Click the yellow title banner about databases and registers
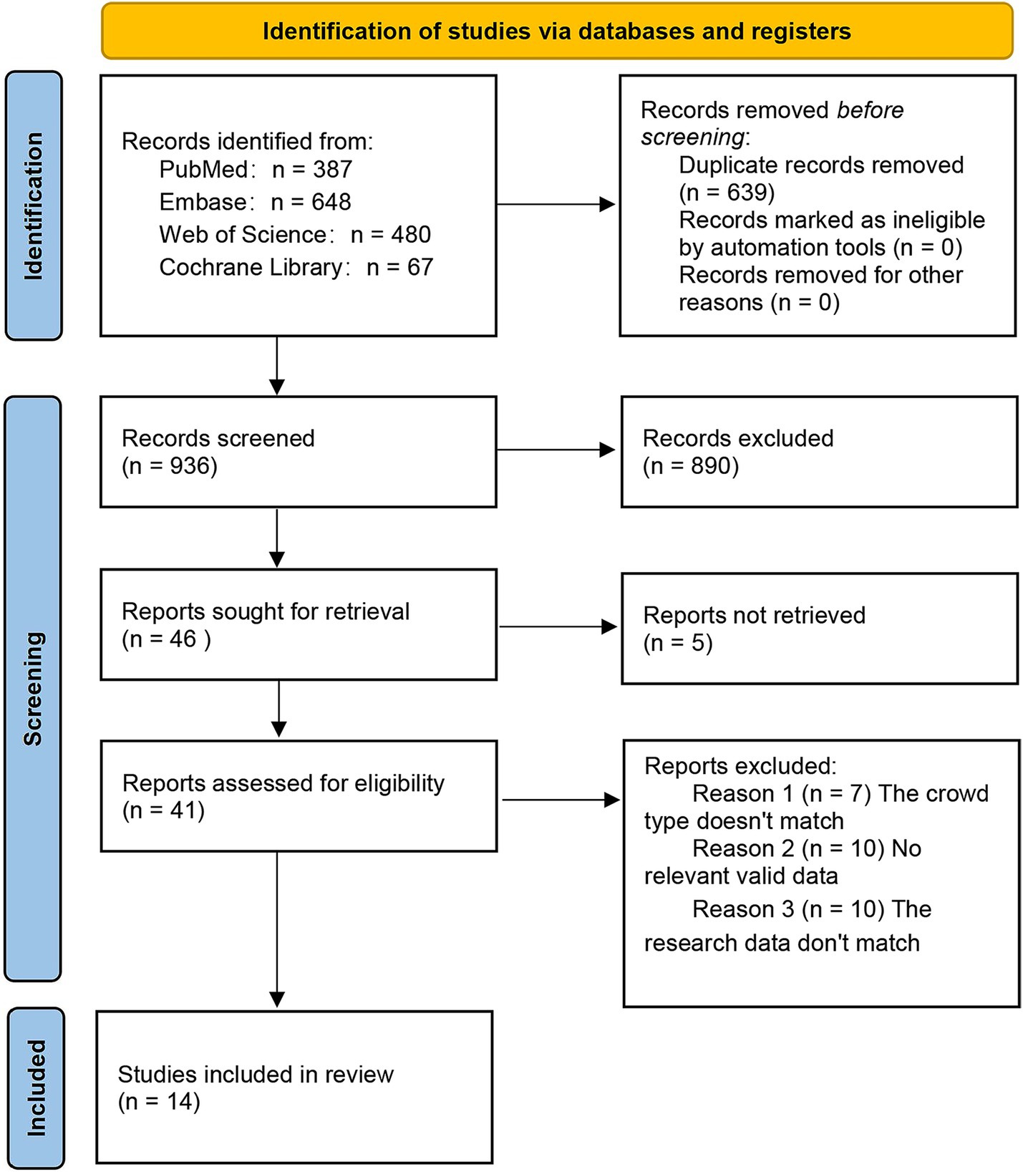point(557,32)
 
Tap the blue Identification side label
point(34,205)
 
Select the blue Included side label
point(36,1088)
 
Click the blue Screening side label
point(33,689)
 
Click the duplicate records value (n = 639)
point(727,193)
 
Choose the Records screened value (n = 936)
point(170,466)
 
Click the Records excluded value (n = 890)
point(691,466)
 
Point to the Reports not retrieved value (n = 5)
point(678,643)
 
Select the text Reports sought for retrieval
point(266,611)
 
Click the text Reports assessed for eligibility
point(283,783)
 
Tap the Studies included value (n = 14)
point(159,1101)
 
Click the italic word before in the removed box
point(870,110)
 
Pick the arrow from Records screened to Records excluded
point(556,450)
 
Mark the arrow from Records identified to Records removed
point(556,205)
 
